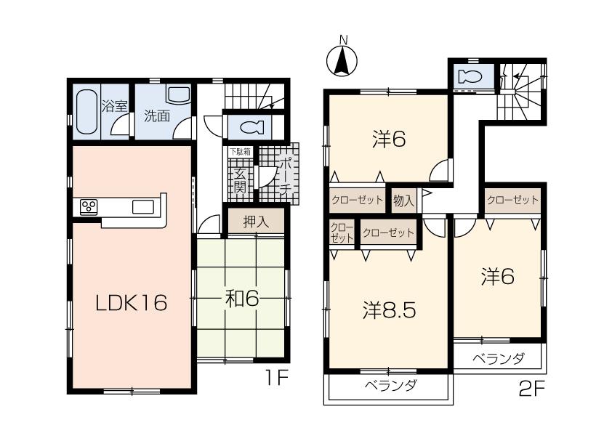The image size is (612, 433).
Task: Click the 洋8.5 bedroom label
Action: coord(389,311)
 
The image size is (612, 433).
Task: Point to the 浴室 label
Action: coord(115,107)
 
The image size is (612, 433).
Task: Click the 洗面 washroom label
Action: coord(156,116)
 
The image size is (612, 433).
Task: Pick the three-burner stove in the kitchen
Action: coord(89,206)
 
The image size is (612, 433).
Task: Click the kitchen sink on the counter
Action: coord(142,207)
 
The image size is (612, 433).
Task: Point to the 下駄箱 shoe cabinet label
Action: coord(241,152)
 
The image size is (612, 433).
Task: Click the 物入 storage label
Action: coord(403,200)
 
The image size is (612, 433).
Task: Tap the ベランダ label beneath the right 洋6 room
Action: coord(498,358)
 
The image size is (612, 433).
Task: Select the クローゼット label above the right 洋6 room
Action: coord(512,200)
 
